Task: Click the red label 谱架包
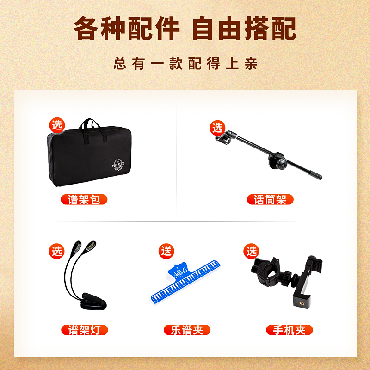pos(84,200)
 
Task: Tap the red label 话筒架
pos(270,200)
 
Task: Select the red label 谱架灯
pos(84,330)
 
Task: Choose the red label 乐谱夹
pos(187,330)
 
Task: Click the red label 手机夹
pos(289,330)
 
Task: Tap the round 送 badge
pos(166,251)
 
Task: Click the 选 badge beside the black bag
pos(57,124)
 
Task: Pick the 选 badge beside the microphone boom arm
pos(217,127)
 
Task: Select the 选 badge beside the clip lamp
pos(57,251)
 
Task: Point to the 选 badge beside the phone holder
pos(252,251)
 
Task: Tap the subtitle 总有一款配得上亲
pos(185,63)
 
